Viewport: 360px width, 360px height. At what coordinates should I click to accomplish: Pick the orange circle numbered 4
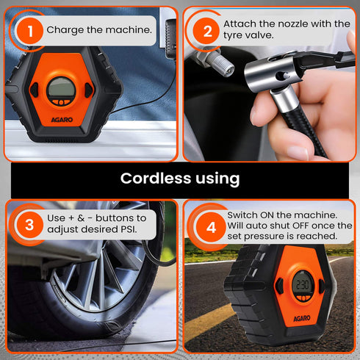210,227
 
